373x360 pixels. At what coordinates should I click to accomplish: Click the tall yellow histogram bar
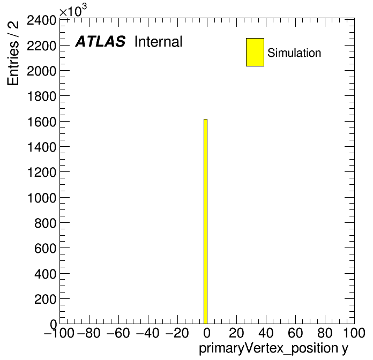click(206, 221)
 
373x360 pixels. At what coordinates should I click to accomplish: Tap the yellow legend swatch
click(255, 52)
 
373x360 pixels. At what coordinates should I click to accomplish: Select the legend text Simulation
click(294, 53)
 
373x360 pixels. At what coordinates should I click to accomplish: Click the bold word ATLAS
click(100, 41)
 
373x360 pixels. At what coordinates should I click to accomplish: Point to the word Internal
click(159, 42)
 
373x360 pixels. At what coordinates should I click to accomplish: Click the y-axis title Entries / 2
click(13, 53)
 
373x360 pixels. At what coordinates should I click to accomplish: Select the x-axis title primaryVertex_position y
click(273, 349)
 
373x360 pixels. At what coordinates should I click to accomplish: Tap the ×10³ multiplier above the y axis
click(73, 10)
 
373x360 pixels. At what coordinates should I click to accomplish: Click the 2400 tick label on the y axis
click(41, 20)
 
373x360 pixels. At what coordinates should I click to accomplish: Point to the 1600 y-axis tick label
click(42, 122)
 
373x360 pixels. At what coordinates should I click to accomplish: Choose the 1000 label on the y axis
click(42, 198)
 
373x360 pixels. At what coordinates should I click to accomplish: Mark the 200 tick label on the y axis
click(45, 299)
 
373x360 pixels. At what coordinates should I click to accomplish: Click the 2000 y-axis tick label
click(41, 71)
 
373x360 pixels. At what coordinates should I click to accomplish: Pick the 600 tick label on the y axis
click(45, 249)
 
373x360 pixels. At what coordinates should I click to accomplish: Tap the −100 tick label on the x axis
click(59, 333)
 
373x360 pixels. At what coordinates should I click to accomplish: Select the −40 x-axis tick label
click(148, 333)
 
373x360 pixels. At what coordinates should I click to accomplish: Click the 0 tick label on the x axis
click(207, 333)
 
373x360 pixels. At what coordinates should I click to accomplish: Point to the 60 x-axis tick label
click(295, 333)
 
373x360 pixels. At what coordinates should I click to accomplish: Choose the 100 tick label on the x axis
click(354, 333)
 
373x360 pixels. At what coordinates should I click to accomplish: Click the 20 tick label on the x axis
click(236, 333)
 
